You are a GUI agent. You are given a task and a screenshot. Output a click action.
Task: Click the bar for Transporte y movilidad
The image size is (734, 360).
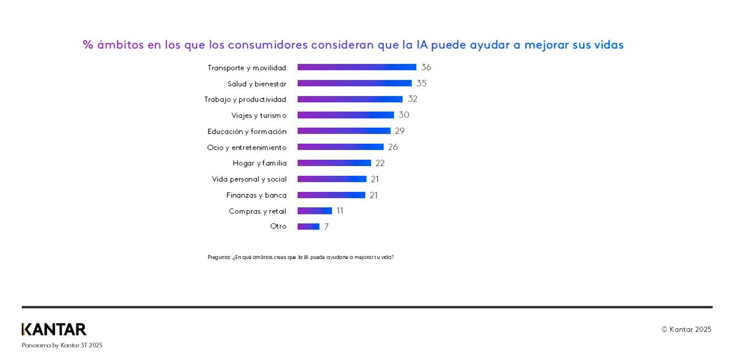[x=357, y=67]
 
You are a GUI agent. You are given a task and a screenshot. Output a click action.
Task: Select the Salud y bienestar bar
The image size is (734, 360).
[x=354, y=83]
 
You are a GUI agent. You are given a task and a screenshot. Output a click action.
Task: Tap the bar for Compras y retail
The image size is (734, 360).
[x=314, y=211]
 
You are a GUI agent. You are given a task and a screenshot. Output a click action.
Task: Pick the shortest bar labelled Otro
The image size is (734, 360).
[x=308, y=226]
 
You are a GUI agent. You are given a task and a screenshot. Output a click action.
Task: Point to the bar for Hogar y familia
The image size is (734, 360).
[x=334, y=163]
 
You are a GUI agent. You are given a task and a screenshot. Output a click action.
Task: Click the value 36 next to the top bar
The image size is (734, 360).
[x=426, y=67]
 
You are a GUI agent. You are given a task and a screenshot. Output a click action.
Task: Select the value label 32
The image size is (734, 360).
[x=412, y=99]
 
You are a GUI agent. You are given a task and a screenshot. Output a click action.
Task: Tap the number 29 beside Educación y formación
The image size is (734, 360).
[x=400, y=131]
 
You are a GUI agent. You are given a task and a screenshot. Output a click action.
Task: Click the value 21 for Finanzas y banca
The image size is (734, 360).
[x=374, y=195]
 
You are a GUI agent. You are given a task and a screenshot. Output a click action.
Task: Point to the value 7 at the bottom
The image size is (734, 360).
[x=326, y=227]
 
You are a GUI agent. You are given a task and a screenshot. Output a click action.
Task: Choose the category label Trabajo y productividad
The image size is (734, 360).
[x=245, y=99]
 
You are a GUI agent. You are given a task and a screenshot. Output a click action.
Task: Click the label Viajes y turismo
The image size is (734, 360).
[x=259, y=115]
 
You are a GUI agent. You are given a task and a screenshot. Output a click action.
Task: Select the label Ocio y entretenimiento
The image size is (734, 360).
[x=247, y=147]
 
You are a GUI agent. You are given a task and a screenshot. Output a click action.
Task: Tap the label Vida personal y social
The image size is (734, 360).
[x=249, y=179]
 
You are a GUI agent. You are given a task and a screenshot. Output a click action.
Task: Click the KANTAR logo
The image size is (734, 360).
[x=54, y=329]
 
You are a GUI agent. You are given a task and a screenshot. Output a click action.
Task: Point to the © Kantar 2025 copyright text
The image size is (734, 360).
[x=686, y=329]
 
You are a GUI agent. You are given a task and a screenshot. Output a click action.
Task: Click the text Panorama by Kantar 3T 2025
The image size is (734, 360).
[x=62, y=345]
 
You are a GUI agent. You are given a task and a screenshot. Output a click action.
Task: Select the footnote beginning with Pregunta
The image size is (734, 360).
[x=300, y=258]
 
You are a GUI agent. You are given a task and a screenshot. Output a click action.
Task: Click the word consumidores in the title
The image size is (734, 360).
[x=268, y=45]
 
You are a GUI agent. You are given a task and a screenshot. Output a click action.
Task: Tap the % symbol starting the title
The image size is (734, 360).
[x=88, y=45]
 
